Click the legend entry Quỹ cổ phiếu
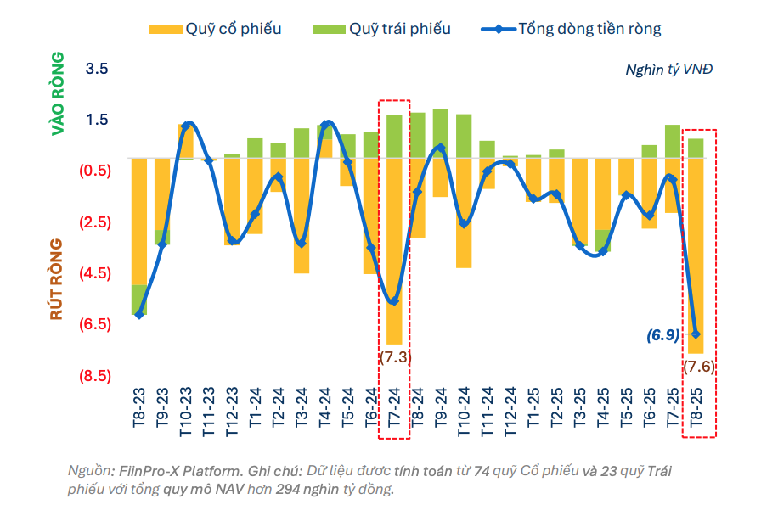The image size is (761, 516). [x=215, y=29]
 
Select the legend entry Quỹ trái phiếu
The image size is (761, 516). [x=386, y=29]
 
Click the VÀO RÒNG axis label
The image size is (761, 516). [x=57, y=93]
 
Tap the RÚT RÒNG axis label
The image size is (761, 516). [x=57, y=279]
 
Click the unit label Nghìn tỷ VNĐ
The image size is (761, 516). [x=668, y=69]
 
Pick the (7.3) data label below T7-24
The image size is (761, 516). [x=395, y=356]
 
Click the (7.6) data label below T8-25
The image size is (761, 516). [x=699, y=367]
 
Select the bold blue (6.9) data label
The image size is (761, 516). [x=662, y=334]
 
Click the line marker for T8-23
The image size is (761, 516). [x=139, y=314]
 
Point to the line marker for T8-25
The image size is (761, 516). [x=696, y=334]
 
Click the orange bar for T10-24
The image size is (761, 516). [x=464, y=212]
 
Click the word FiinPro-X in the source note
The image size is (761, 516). [x=151, y=470]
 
